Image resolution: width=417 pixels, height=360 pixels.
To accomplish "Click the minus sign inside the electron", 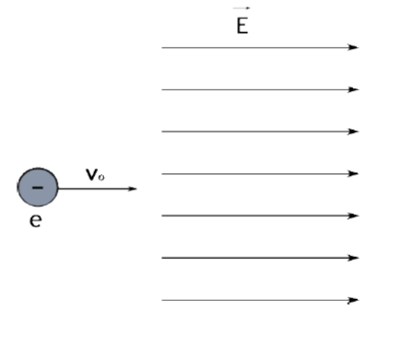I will (37, 188).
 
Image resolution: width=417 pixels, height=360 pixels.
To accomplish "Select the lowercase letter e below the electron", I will (35, 221).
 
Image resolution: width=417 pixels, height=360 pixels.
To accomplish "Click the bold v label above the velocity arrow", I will (91, 174).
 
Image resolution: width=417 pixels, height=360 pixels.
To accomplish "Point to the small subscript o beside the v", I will (101, 177).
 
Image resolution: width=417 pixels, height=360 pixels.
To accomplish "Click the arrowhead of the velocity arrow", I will (133, 189).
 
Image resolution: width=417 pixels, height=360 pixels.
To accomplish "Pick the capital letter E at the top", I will (242, 26).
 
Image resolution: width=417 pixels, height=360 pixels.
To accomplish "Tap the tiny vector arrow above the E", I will (242, 8).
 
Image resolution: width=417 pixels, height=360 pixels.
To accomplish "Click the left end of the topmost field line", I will (163, 47).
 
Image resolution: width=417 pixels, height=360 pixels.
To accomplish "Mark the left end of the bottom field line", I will (163, 300).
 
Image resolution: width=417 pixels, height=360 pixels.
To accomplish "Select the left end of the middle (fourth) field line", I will (163, 173).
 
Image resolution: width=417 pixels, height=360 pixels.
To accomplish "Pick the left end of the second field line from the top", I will (163, 89).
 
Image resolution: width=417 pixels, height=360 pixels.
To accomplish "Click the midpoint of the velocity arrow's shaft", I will (97, 189).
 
